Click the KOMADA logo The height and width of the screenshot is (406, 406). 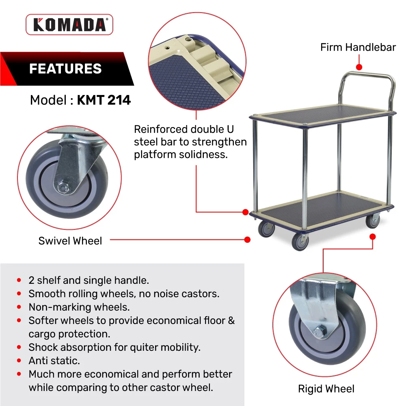[69, 25]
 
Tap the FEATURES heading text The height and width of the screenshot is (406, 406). [65, 69]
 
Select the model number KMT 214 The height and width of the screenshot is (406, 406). [104, 100]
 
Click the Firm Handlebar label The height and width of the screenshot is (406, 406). [358, 47]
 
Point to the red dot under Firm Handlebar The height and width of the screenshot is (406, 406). [359, 67]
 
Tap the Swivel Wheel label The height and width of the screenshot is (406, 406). [70, 241]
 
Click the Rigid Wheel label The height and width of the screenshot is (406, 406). [326, 389]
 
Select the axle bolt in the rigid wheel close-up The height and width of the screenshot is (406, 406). [319, 332]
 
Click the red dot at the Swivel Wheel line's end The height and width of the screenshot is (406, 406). [247, 240]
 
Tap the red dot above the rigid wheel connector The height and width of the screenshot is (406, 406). [373, 237]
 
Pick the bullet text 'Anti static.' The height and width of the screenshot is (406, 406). [54, 361]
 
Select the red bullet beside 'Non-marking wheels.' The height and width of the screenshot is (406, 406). [19, 307]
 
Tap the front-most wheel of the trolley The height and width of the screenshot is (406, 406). [300, 242]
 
